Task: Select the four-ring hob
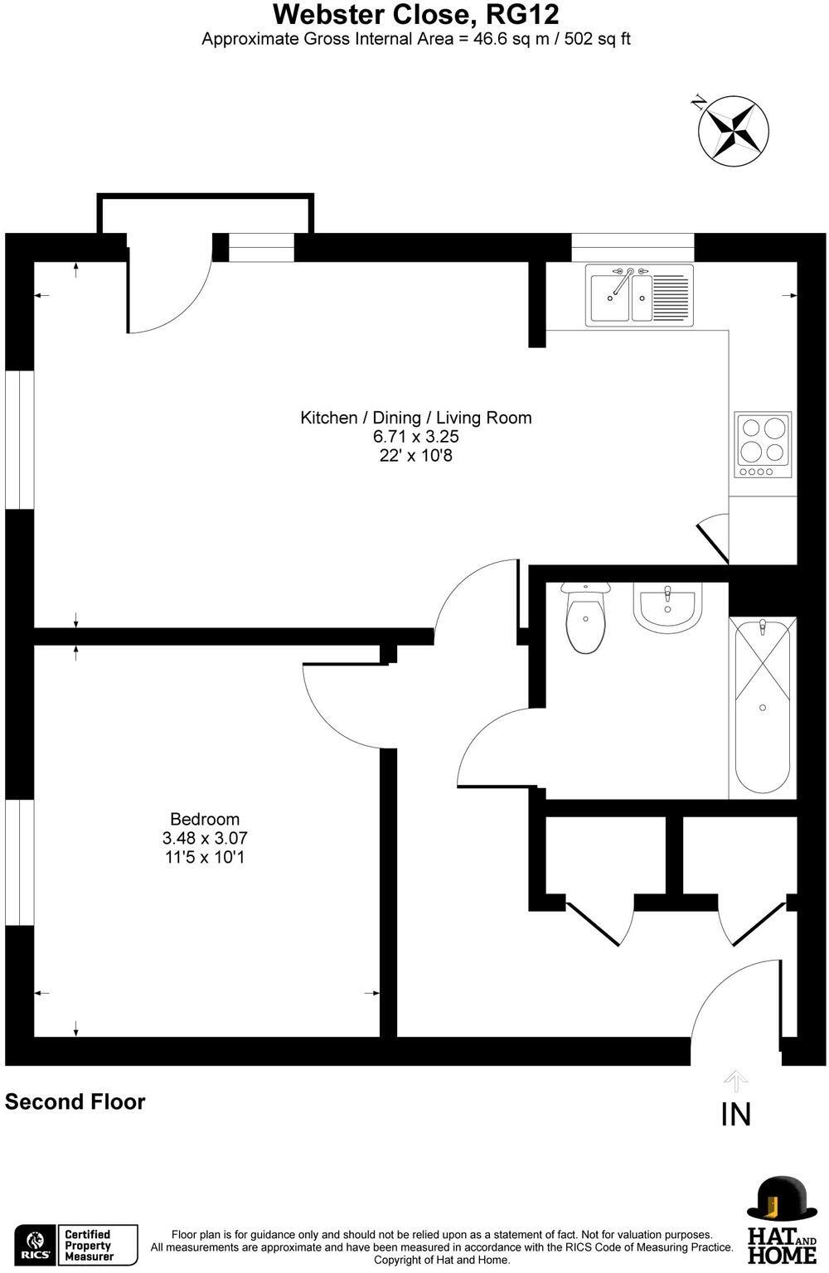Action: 763,444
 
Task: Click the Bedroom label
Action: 205,819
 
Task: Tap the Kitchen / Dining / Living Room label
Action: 416,418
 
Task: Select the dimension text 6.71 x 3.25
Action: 416,437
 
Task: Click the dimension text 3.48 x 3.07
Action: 205,838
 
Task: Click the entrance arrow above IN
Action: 736,1081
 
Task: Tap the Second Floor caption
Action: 75,1102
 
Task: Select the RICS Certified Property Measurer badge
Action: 76,1245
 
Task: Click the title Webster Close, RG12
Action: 416,15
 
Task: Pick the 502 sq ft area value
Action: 597,39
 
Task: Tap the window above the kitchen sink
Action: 633,248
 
